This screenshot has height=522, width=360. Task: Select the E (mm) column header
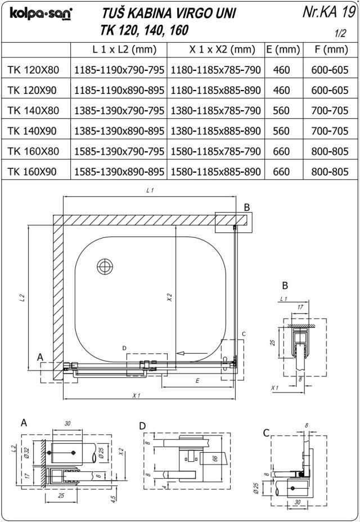[281, 49]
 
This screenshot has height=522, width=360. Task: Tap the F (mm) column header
[330, 49]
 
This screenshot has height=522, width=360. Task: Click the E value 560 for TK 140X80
[281, 111]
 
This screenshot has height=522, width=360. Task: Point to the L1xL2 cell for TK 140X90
[119, 131]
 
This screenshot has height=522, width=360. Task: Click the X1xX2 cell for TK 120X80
[216, 70]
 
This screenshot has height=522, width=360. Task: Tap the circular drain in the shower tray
[105, 265]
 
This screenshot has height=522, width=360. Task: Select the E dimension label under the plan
[198, 381]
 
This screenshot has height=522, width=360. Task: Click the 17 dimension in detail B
[300, 308]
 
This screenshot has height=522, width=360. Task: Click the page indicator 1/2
[340, 33]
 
